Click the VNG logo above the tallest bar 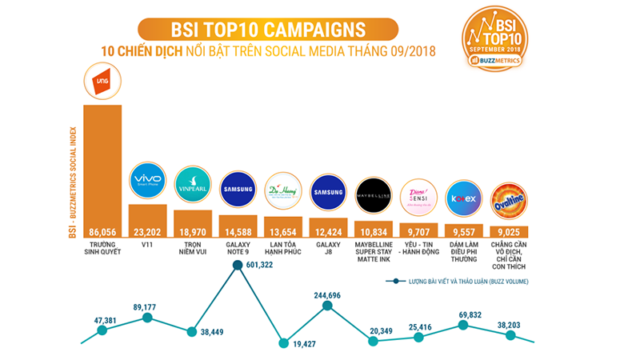point(102,83)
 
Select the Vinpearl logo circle point(193,186)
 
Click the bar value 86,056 point(102,232)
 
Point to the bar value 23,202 point(148,232)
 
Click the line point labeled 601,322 point(238,271)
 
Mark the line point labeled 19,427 point(283,343)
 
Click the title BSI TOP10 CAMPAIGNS point(269,30)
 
